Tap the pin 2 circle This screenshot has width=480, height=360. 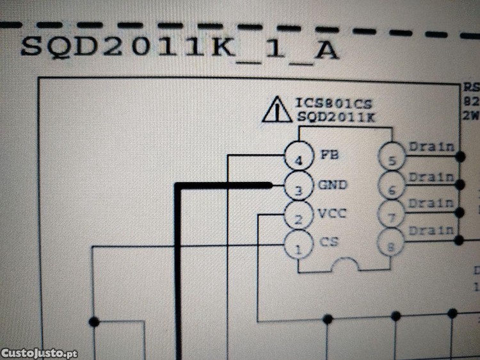298,216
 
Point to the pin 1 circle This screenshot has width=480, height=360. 298,245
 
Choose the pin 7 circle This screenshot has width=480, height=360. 392,215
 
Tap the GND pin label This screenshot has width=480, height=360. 332,185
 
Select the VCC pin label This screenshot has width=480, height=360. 332,213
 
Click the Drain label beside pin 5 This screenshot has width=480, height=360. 431,146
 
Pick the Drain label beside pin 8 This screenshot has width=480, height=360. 431,229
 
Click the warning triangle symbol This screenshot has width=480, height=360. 276,110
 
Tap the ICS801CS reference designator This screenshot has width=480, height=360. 334,102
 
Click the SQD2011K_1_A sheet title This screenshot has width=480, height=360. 179,48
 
